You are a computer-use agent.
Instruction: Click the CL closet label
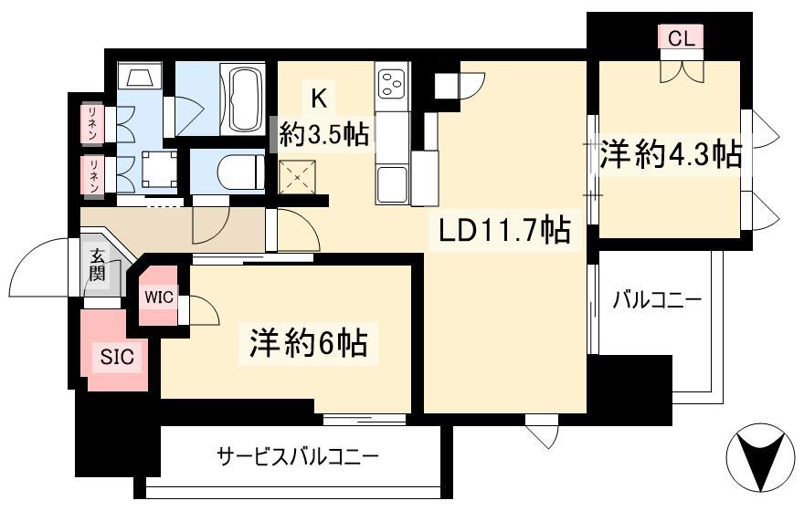682,38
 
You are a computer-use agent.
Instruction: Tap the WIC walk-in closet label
158,297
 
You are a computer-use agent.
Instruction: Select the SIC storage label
117,357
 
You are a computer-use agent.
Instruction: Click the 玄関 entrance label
97,265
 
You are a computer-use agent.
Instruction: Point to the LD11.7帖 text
504,231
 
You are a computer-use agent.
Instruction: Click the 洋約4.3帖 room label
672,153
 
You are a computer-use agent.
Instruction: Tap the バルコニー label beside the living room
657,300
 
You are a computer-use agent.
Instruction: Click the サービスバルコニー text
298,455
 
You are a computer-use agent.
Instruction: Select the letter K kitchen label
320,98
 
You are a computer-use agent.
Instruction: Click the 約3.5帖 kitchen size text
324,135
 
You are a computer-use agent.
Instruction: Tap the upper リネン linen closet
93,123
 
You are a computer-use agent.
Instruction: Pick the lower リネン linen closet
93,175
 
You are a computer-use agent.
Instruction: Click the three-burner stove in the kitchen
392,83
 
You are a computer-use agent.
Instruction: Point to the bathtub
242,99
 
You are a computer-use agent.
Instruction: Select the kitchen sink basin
392,184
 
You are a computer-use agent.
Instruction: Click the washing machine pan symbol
159,170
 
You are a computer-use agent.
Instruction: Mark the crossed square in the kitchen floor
298,177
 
